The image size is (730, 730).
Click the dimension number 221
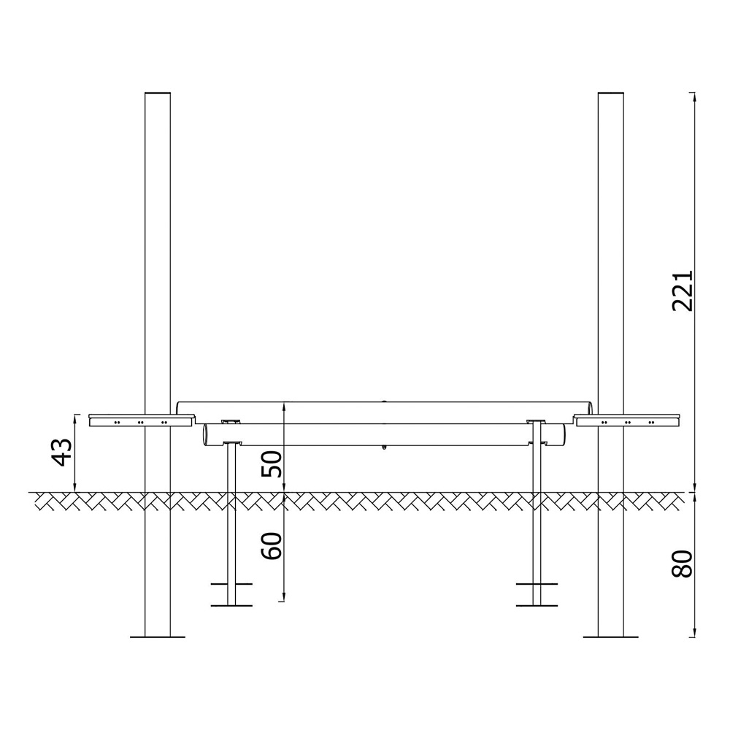(x=683, y=291)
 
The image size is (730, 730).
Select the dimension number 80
(x=683, y=564)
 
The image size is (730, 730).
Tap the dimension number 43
(x=62, y=452)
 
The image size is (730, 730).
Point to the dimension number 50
(x=272, y=464)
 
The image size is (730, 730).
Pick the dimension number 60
(x=272, y=545)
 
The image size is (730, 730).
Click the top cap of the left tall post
(x=158, y=93)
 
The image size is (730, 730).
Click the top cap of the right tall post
(x=611, y=93)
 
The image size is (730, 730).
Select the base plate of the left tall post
(x=158, y=637)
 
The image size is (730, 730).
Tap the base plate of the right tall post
(x=611, y=637)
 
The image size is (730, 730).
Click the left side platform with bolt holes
(x=141, y=420)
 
